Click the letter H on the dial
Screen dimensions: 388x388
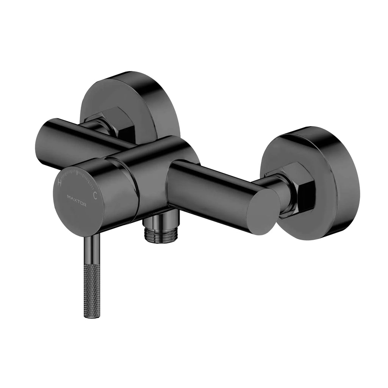[59, 183]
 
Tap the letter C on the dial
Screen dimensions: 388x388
[95, 196]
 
